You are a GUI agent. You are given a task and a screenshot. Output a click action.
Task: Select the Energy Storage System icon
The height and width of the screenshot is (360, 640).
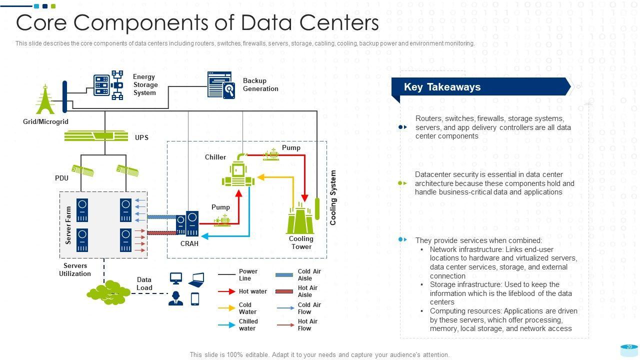tap(108, 85)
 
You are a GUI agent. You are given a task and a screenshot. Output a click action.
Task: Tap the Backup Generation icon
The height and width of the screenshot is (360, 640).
tap(221, 85)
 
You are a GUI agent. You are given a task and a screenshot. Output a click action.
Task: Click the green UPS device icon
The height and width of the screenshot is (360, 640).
tap(95, 136)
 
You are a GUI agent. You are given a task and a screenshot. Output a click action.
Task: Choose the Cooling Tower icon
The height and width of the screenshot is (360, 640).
tap(300, 218)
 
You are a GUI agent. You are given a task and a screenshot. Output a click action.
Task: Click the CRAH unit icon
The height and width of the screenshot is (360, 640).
tap(187, 223)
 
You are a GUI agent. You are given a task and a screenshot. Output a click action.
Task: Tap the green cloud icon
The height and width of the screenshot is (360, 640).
tap(106, 293)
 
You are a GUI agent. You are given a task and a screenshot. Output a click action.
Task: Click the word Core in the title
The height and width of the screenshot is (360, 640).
tap(47, 23)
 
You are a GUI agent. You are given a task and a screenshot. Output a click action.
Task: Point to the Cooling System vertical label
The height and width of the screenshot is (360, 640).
tap(333, 197)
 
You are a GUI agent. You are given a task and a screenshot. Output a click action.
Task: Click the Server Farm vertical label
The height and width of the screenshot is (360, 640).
tap(68, 225)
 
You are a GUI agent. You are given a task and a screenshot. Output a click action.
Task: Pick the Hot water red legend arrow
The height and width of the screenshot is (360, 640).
tap(226, 291)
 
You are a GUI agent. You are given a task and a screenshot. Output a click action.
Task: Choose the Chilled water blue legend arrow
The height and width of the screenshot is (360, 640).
tap(226, 325)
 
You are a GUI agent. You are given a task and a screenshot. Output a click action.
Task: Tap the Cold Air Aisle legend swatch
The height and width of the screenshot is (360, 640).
tap(284, 275)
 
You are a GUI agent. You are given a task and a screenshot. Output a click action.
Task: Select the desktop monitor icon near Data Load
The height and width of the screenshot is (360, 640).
tap(176, 278)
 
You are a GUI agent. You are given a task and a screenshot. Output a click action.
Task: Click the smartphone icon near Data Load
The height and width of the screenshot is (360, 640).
tap(195, 298)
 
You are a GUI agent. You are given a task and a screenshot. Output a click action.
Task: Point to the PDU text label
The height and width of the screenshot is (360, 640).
tap(61, 178)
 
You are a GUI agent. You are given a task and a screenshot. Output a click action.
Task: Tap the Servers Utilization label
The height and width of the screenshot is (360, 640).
tap(75, 269)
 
